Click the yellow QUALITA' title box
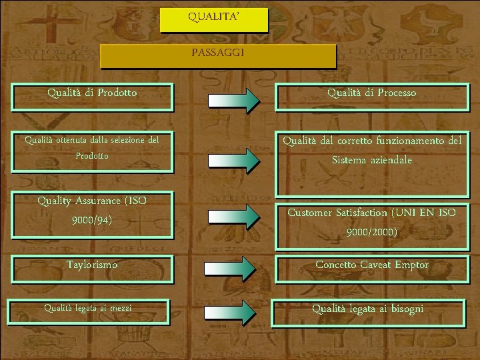(x=213, y=20)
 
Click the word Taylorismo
(x=92, y=265)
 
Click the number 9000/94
(x=92, y=219)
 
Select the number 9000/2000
(x=372, y=232)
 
